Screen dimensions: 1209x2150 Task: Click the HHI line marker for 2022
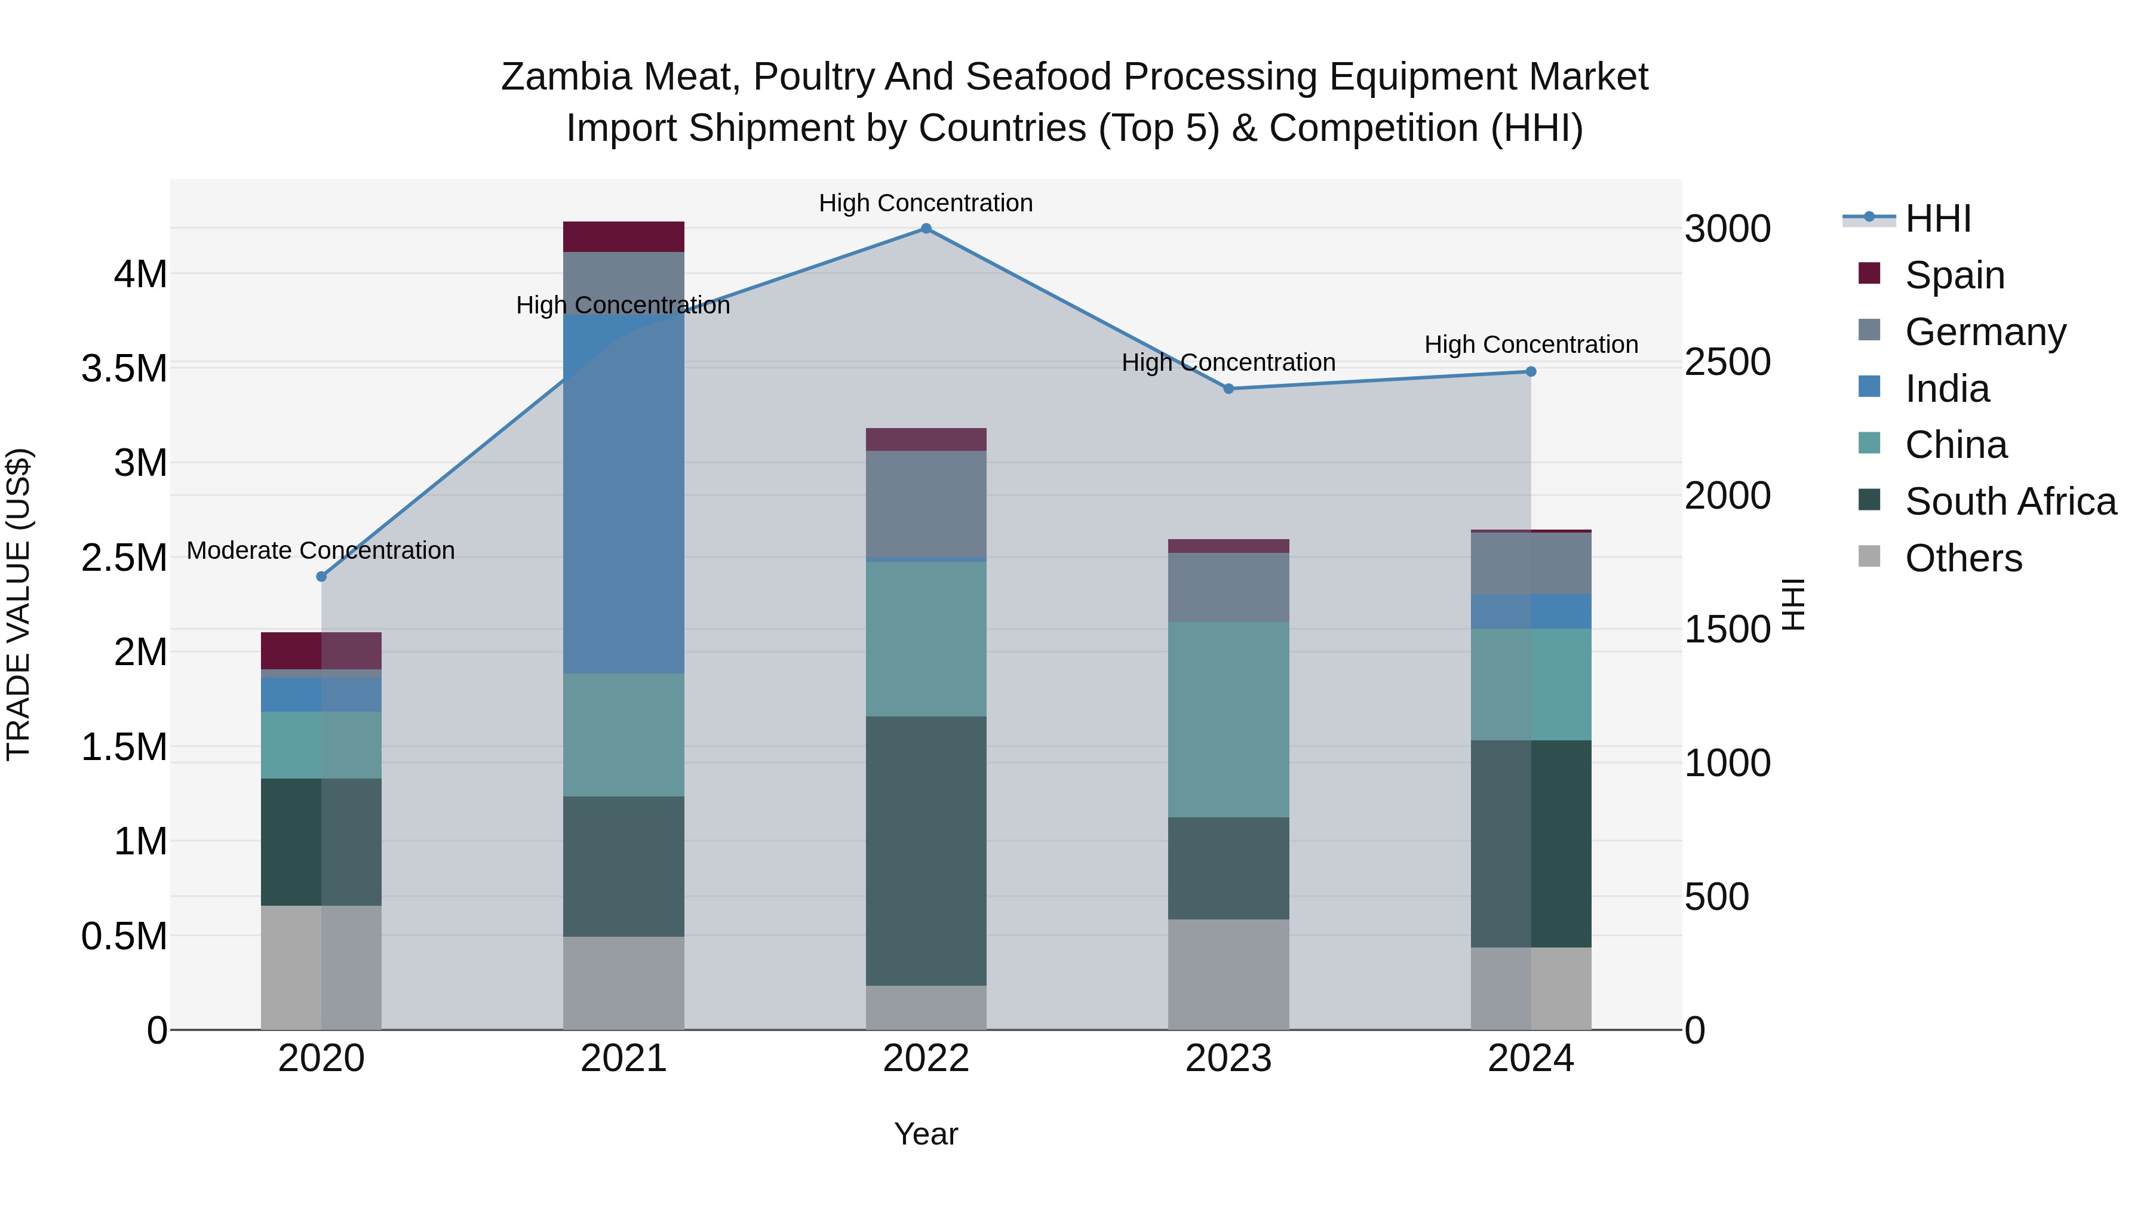coord(926,229)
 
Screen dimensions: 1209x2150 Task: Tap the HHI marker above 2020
coord(321,577)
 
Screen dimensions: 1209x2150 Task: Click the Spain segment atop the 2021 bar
coord(623,237)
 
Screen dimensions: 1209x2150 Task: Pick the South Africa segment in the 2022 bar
coord(926,851)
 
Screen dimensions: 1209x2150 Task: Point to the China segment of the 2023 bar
coord(1228,719)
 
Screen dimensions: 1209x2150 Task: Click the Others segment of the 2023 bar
coord(1228,974)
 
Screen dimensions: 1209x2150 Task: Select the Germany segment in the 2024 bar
coord(1531,563)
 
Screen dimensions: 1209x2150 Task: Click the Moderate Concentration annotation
coord(321,550)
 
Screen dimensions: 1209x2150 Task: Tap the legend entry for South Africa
coord(2010,502)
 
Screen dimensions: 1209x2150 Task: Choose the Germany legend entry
coord(1985,332)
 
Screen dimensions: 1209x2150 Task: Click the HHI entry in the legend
coord(1938,219)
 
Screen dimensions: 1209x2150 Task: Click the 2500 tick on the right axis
coord(1727,362)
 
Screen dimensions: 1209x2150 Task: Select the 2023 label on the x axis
coord(1228,1059)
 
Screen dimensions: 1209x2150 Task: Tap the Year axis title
coord(926,1134)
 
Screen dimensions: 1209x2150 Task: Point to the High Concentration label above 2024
coord(1531,344)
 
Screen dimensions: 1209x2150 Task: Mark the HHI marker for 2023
coord(1228,389)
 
